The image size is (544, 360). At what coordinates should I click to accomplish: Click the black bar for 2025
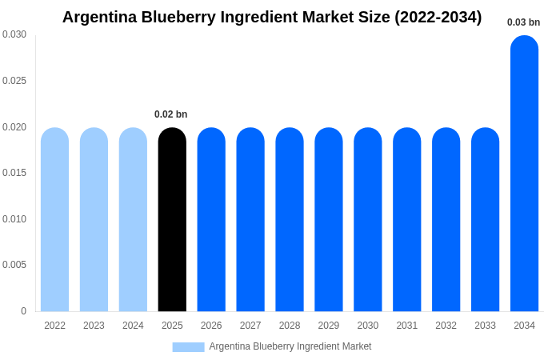pyautogui.click(x=172, y=219)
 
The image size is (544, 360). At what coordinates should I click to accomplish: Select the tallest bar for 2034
pyautogui.click(x=524, y=174)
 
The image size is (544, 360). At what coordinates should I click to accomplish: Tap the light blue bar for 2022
pyautogui.click(x=54, y=219)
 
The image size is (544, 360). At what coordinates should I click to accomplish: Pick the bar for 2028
pyautogui.click(x=290, y=219)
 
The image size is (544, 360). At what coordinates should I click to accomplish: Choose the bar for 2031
pyautogui.click(x=406, y=219)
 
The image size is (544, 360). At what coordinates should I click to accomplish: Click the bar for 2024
pyautogui.click(x=133, y=219)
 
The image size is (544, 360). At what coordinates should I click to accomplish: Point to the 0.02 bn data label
pyautogui.click(x=170, y=114)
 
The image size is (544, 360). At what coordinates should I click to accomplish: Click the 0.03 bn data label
pyautogui.click(x=523, y=22)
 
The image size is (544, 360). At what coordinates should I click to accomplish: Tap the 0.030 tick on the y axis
pyautogui.click(x=14, y=34)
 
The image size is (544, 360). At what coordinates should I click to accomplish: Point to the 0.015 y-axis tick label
pyautogui.click(x=14, y=173)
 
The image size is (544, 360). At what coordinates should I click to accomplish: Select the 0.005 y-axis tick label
pyautogui.click(x=14, y=265)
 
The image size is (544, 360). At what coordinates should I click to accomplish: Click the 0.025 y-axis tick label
pyautogui.click(x=14, y=81)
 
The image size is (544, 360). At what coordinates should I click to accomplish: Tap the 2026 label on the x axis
pyautogui.click(x=211, y=326)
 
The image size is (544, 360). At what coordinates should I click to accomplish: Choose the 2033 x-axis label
pyautogui.click(x=485, y=326)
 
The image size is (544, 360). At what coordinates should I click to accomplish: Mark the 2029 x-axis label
pyautogui.click(x=329, y=326)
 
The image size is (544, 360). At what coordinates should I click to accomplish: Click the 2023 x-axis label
pyautogui.click(x=94, y=326)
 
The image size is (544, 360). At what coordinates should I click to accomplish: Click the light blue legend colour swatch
pyautogui.click(x=188, y=347)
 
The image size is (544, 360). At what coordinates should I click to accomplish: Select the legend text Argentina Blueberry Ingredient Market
pyautogui.click(x=290, y=346)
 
